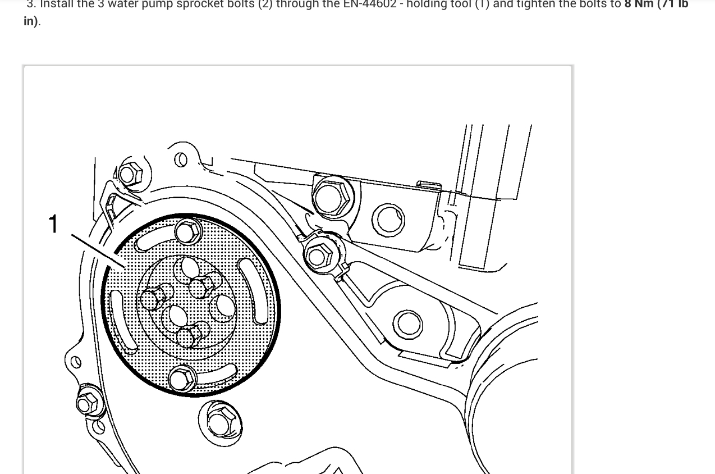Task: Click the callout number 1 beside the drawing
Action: pos(53,224)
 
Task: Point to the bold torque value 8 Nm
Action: pos(639,4)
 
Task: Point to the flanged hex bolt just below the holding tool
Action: pos(220,422)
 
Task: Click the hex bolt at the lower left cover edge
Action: pos(88,402)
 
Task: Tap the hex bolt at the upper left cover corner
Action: pos(129,174)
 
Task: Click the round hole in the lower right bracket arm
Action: pos(408,323)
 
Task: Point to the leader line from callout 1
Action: pos(98,250)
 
